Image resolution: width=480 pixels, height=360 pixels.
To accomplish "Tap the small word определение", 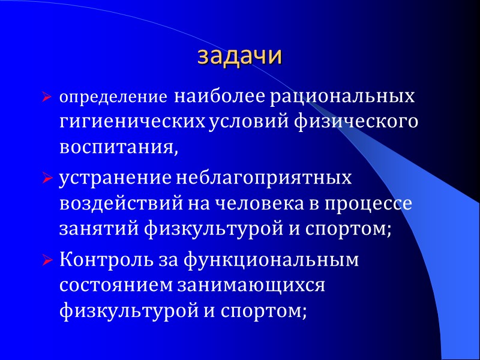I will [113, 97].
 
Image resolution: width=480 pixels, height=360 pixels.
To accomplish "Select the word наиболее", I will [219, 96].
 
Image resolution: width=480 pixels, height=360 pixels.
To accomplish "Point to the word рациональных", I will [342, 96].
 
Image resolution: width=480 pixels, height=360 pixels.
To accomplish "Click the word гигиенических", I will [132, 122].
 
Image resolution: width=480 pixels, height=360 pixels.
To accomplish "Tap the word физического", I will [355, 122].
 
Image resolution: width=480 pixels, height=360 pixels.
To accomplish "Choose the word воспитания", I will [118, 148].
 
